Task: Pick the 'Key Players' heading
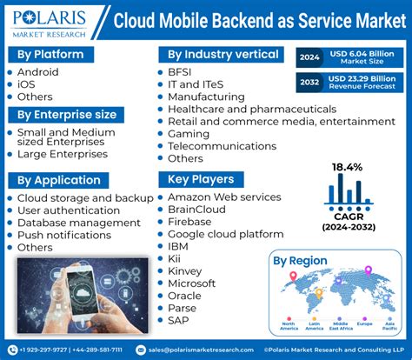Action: click(201, 179)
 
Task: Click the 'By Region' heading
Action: click(300, 259)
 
